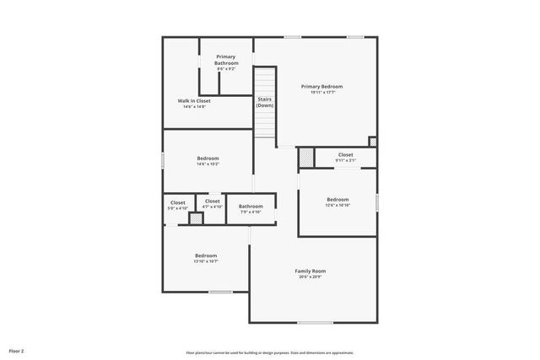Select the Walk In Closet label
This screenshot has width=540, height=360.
(194, 100)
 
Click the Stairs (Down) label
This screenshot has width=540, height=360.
(265, 102)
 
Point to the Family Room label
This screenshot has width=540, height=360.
(310, 271)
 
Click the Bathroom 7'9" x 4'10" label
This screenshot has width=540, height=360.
(251, 207)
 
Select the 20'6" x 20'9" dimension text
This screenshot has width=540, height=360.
(310, 277)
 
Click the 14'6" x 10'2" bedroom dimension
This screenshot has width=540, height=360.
(208, 164)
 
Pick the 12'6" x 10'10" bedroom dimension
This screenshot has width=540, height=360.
(337, 205)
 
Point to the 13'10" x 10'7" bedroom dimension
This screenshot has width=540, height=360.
(206, 261)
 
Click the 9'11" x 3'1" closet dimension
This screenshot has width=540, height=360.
(346, 160)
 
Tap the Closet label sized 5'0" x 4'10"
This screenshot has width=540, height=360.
(178, 201)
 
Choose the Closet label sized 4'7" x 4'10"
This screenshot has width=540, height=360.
(212, 201)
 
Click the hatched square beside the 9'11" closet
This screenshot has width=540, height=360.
(306, 158)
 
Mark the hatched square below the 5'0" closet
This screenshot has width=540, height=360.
(196, 218)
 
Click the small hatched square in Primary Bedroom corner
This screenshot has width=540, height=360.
(373, 141)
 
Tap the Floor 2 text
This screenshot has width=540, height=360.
(17, 351)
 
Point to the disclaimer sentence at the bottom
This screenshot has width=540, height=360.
(270, 352)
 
